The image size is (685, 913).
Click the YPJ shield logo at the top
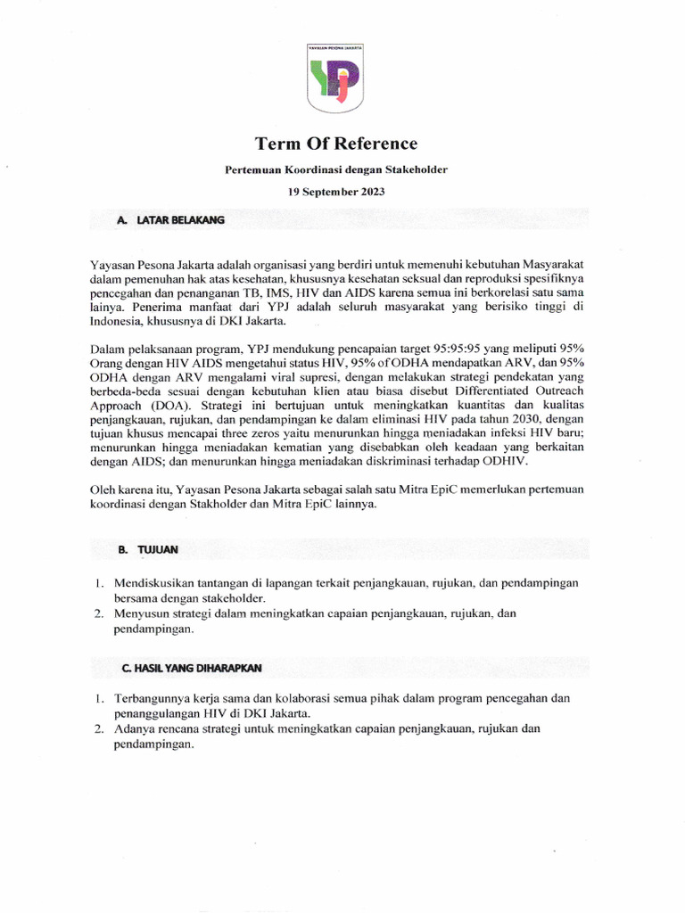tap(342, 79)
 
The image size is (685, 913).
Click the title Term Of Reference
tap(335, 144)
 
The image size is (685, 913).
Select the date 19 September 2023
tap(335, 191)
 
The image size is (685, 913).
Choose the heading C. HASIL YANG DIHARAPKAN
tap(192, 667)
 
